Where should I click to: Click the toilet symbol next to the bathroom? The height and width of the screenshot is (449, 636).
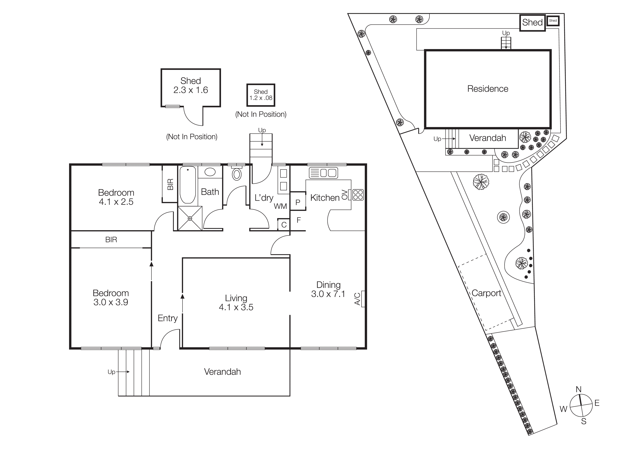click(237, 174)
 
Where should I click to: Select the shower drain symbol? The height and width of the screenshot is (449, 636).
click(190, 219)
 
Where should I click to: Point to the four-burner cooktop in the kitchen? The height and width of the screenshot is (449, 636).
click(358, 195)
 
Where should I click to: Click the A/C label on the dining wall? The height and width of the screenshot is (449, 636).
click(357, 299)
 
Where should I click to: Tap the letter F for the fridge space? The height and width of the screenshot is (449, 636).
click(299, 220)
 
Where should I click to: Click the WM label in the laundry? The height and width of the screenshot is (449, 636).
click(280, 206)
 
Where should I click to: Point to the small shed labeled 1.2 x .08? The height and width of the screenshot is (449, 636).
click(261, 95)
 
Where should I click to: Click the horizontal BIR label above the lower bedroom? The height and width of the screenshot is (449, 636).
click(111, 240)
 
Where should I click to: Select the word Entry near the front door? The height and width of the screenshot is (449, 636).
click(167, 318)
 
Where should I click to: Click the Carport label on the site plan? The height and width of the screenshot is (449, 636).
click(486, 293)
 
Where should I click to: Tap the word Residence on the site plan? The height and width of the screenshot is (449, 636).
click(488, 89)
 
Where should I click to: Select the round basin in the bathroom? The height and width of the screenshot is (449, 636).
click(210, 172)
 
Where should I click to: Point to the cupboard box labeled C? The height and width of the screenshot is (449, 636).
click(284, 225)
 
